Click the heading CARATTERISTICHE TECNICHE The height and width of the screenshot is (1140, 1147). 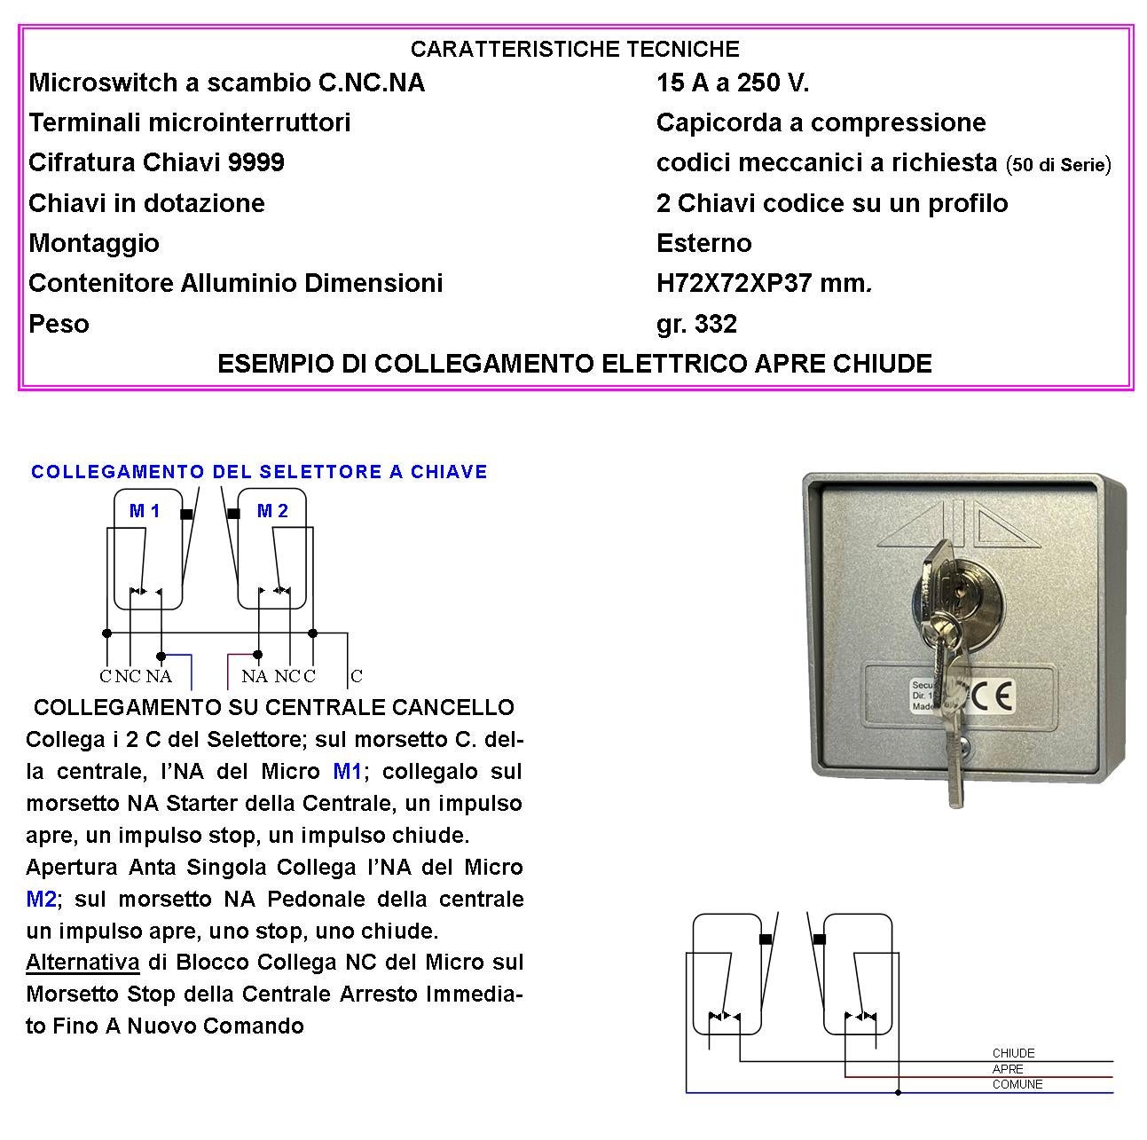tap(575, 49)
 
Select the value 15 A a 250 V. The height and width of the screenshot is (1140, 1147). tap(733, 83)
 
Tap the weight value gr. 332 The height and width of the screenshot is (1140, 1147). tap(696, 324)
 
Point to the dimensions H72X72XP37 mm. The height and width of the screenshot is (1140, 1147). tap(764, 283)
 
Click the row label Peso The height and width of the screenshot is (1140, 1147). tap(59, 324)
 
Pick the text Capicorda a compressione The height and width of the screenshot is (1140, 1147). tap(821, 122)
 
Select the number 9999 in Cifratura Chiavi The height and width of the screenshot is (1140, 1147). tap(255, 162)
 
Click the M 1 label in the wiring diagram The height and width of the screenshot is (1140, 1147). tap(145, 511)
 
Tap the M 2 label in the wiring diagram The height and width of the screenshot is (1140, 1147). tap(272, 511)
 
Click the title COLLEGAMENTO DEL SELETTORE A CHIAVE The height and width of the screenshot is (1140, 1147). tap(259, 472)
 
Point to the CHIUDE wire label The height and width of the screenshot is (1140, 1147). tap(1013, 1053)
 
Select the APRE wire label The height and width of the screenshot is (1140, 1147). tap(1008, 1069)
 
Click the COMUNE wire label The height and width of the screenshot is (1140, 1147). tap(1017, 1084)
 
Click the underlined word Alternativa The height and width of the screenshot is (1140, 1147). tap(82, 963)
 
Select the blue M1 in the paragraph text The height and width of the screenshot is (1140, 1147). tap(348, 771)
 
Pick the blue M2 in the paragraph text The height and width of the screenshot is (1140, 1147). tap(41, 899)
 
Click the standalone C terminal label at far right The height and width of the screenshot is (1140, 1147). tap(357, 676)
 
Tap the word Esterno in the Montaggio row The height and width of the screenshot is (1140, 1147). tap(703, 243)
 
